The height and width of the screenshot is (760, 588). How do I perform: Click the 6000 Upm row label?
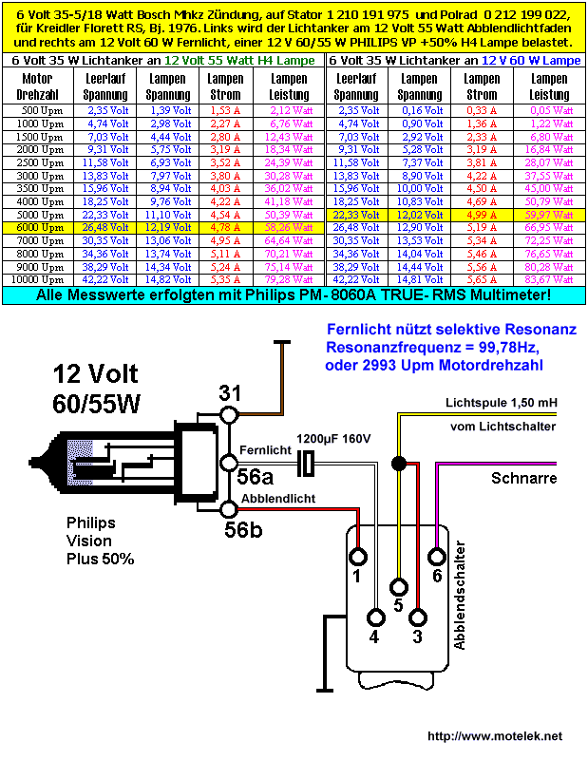pos(38,228)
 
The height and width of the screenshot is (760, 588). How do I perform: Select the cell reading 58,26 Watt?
pos(289,228)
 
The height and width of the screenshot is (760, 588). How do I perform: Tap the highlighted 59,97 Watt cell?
pos(549,215)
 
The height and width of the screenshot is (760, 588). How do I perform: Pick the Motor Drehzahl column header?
pos(37,86)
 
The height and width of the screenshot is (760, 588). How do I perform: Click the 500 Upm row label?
pos(42,110)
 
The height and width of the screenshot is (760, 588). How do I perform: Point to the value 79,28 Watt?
pos(289,279)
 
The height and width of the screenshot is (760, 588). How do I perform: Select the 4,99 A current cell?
pos(482,215)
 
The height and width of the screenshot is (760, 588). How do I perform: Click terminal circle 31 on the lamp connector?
pos(229,415)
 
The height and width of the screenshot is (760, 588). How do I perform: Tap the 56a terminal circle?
pos(229,463)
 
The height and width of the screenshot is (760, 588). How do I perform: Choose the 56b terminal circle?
pos(229,509)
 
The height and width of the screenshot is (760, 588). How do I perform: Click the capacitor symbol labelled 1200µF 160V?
pos(305,463)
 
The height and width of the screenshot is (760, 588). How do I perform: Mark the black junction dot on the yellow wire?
pos(399,464)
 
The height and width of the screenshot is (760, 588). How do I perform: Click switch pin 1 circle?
pos(358,557)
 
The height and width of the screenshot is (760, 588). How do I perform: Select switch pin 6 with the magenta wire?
pos(437,557)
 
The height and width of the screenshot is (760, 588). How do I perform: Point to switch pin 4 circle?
pos(375,618)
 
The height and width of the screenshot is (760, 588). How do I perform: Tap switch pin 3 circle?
pos(418,618)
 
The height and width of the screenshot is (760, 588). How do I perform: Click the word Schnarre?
pos(523,479)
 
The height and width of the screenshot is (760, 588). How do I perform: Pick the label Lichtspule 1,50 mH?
pos(502,403)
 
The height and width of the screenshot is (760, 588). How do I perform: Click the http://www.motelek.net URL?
pos(495,736)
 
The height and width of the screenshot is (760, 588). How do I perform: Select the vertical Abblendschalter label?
pos(459,596)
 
